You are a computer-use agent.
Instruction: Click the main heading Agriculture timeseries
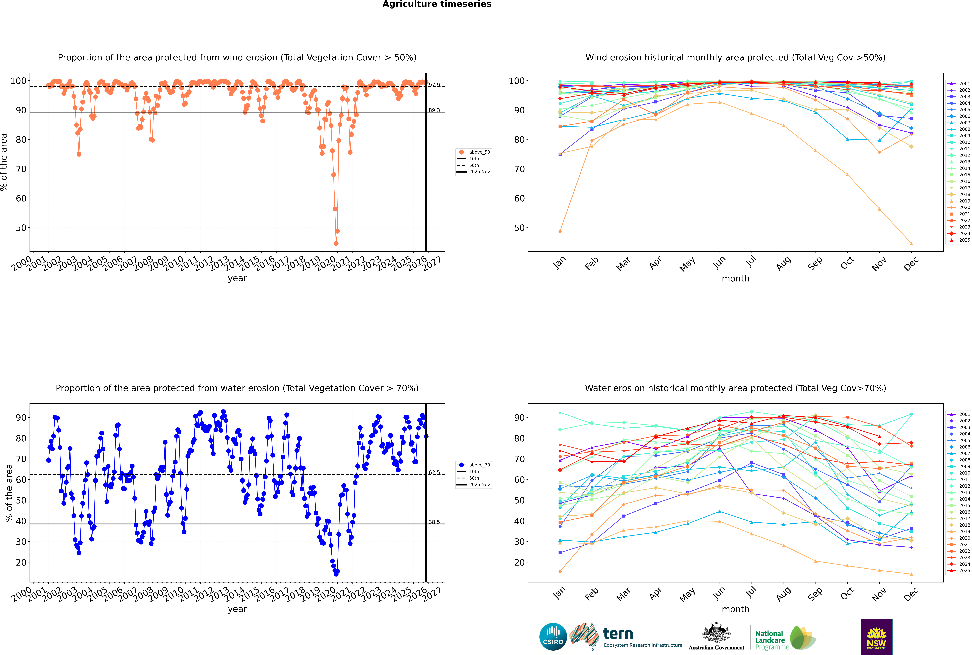tap(437, 4)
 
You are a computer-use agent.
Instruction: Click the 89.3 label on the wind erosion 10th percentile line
tap(434, 110)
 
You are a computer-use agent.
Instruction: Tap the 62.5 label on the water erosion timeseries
tap(434, 472)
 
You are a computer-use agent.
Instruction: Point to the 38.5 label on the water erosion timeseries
tap(434, 522)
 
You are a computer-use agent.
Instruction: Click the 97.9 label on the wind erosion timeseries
tap(434, 85)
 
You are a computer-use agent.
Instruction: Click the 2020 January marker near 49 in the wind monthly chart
tap(560, 231)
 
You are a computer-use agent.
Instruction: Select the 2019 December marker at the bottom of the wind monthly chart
tap(911, 244)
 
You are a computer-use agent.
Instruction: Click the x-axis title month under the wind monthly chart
tap(735, 279)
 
